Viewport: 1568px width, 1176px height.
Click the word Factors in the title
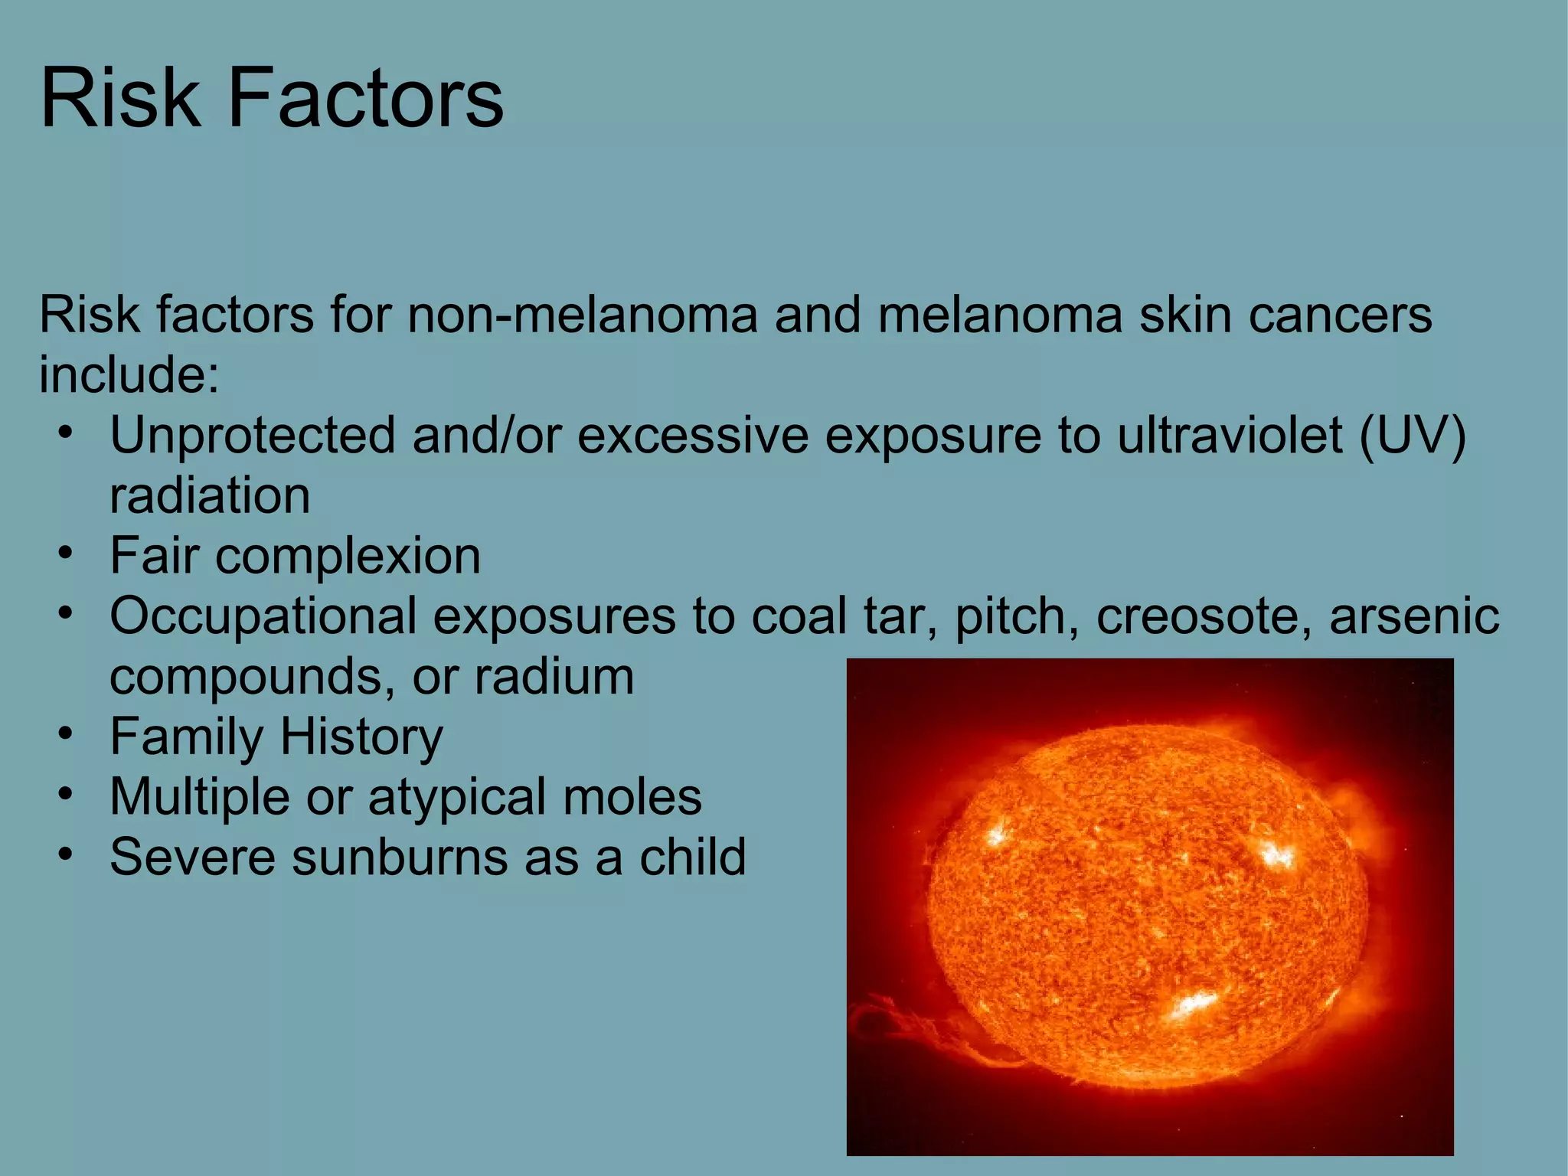click(365, 98)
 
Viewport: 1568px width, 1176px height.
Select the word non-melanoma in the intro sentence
click(582, 315)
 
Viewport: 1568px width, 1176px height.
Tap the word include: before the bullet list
click(129, 375)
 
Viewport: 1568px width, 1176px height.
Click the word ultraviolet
click(1230, 436)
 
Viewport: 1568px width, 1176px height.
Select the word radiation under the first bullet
click(210, 496)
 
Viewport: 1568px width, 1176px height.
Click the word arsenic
click(1414, 616)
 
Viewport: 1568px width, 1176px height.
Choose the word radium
click(554, 677)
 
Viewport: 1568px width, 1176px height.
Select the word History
click(361, 737)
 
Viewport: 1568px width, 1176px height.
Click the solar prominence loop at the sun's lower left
click(888, 1030)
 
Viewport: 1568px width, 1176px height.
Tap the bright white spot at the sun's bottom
click(1194, 1003)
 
